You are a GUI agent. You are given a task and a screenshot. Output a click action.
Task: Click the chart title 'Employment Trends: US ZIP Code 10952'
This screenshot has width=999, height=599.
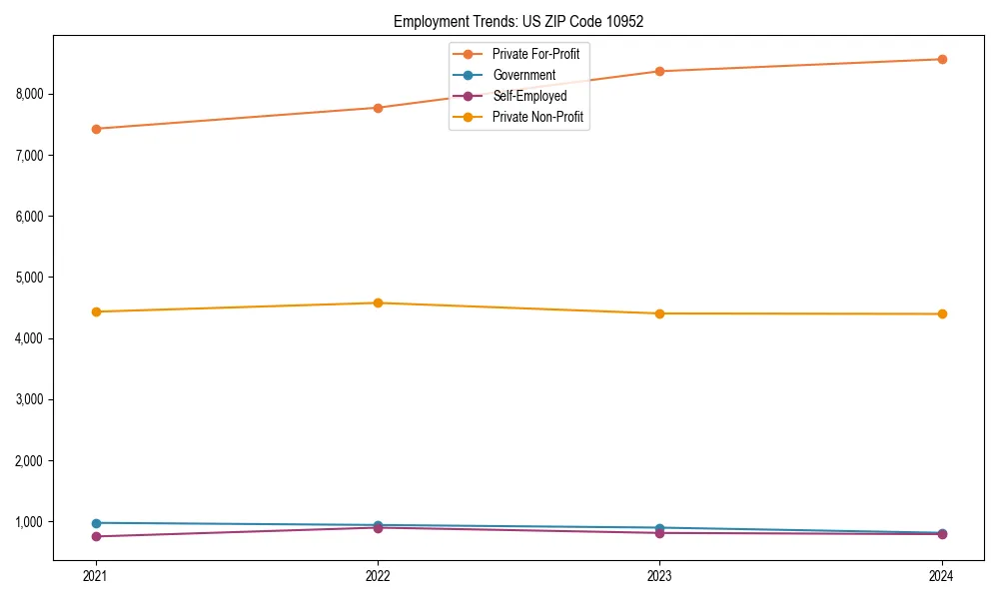[x=518, y=21]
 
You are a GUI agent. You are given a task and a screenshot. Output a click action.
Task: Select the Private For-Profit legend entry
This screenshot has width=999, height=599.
[x=535, y=54]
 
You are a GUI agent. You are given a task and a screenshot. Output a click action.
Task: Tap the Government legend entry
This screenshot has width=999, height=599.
[x=523, y=75]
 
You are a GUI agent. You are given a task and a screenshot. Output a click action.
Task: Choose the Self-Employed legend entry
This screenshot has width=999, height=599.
[x=529, y=96]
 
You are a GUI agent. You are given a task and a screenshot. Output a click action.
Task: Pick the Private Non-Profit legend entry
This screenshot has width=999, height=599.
[x=537, y=117]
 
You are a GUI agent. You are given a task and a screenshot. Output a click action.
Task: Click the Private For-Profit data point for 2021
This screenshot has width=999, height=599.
[x=96, y=129]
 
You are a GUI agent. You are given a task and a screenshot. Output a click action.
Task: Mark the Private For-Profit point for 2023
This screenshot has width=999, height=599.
[x=660, y=71]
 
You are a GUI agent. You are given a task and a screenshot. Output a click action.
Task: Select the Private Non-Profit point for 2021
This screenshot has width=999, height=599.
[x=96, y=311]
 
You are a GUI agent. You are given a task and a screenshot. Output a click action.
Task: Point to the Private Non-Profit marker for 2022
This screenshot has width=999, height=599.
[x=378, y=302]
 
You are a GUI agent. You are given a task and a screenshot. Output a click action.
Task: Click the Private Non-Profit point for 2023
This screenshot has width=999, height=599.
[x=660, y=313]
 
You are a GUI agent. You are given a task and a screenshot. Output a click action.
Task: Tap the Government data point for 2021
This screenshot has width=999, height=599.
[x=96, y=523]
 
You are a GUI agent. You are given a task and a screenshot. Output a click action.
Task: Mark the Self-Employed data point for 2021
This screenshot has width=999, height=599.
[x=96, y=537]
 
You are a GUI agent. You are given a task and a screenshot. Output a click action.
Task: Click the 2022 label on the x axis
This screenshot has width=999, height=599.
[x=378, y=576]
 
